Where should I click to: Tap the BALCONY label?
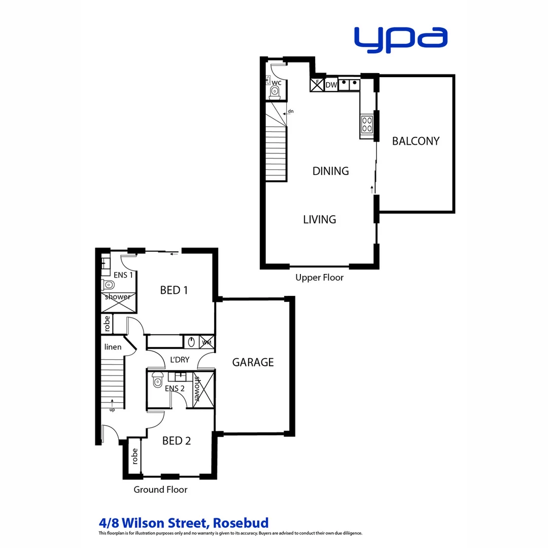[x=416, y=141]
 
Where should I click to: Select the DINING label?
[x=330, y=171]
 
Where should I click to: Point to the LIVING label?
[x=320, y=220]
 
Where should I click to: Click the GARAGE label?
[x=253, y=362]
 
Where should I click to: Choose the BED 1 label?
[x=174, y=290]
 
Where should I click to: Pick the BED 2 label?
[x=176, y=441]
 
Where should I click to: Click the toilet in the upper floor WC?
[x=275, y=91]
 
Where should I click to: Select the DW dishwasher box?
[x=331, y=85]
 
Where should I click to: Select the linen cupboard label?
[x=113, y=347]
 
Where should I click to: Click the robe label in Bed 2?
[x=134, y=457]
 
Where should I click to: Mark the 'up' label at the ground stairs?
[x=112, y=409]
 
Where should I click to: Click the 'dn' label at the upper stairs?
[x=291, y=111]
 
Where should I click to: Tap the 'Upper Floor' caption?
[x=319, y=278]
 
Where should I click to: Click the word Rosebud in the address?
[x=241, y=523]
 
